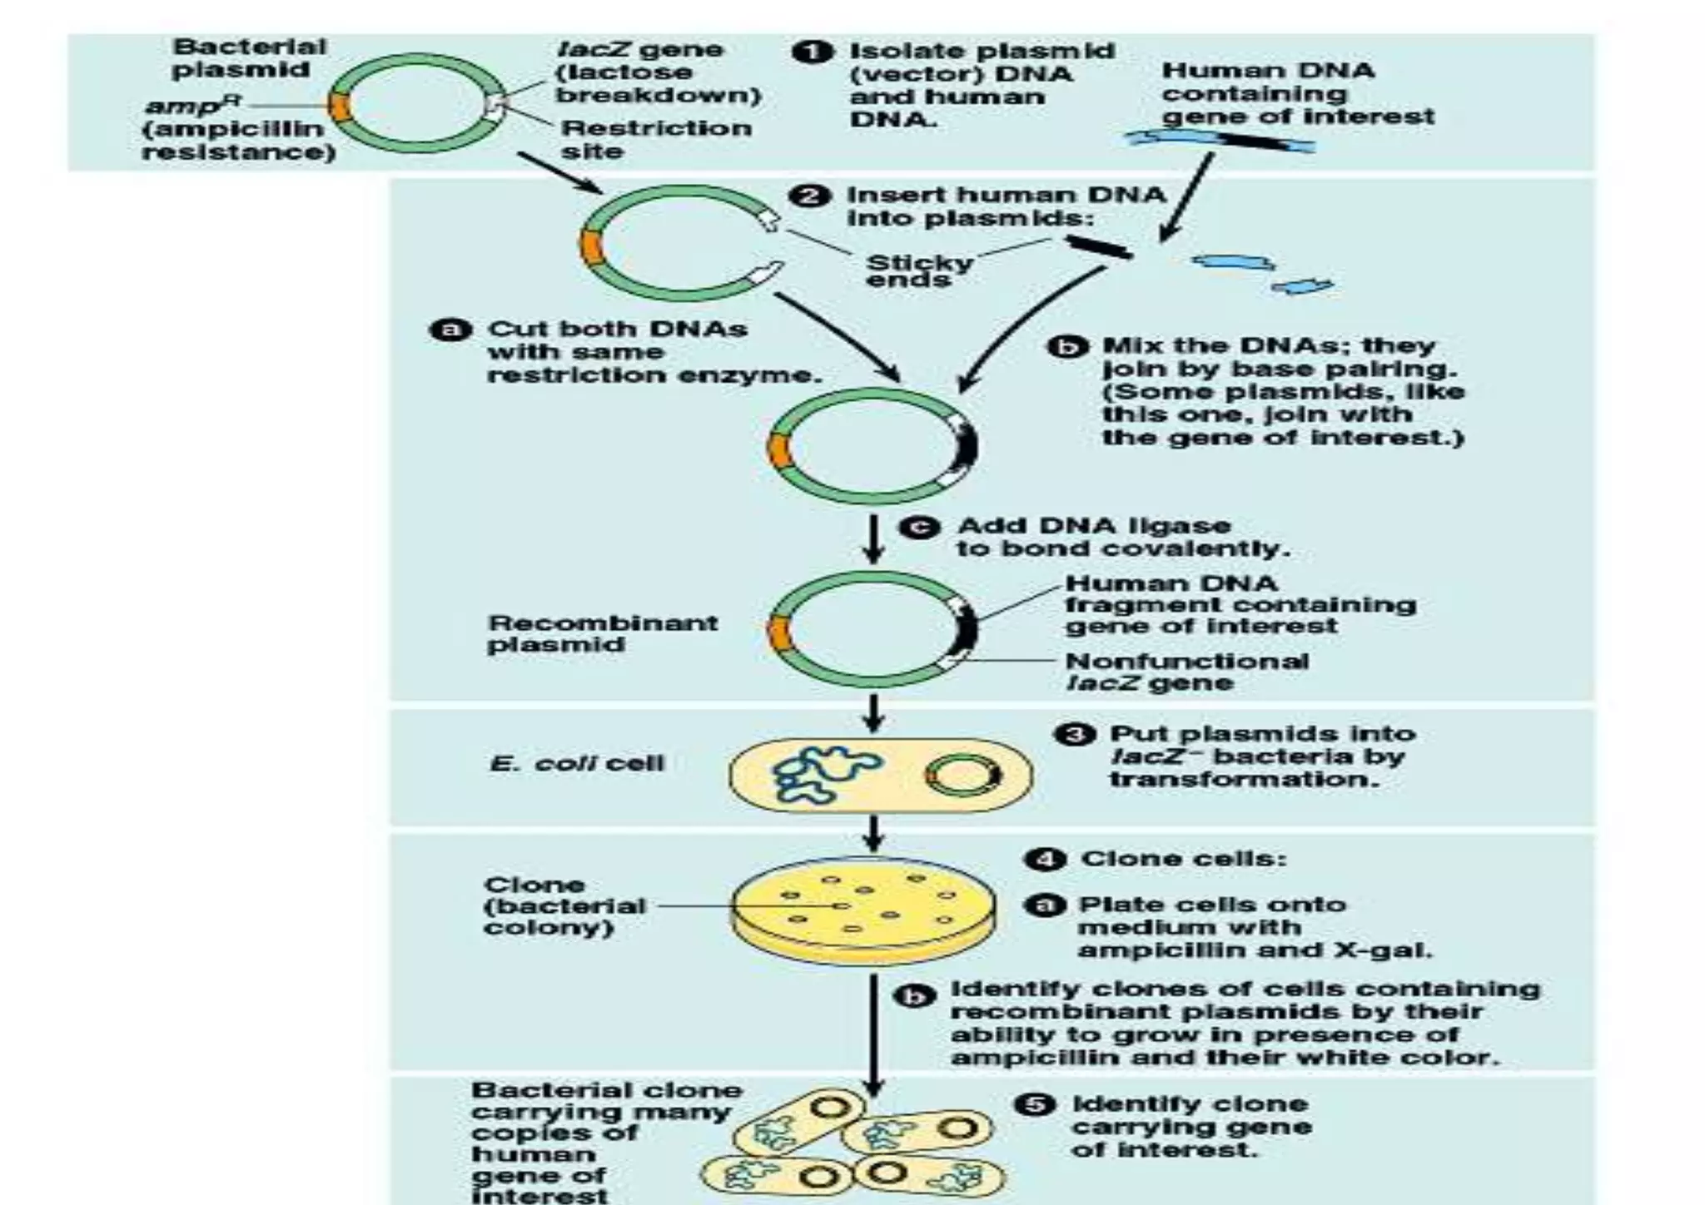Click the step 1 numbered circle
pyautogui.click(x=812, y=52)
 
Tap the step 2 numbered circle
pyautogui.click(x=810, y=196)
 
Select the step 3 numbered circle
pyautogui.click(x=1074, y=734)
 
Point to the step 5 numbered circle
pyautogui.click(x=1034, y=1105)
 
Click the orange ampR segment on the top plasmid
pyautogui.click(x=339, y=106)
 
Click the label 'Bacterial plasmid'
pyautogui.click(x=248, y=58)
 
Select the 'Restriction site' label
pyautogui.click(x=655, y=140)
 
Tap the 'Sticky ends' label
pyautogui.click(x=918, y=270)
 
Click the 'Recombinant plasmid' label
pyautogui.click(x=602, y=633)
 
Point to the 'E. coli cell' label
pyautogui.click(x=577, y=763)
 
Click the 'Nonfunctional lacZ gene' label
pyautogui.click(x=1186, y=672)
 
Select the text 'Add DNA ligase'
pyautogui.click(x=1093, y=526)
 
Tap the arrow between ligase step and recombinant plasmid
pyautogui.click(x=872, y=539)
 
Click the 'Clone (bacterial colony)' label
pyautogui.click(x=564, y=906)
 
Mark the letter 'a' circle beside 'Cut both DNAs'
pyautogui.click(x=450, y=330)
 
